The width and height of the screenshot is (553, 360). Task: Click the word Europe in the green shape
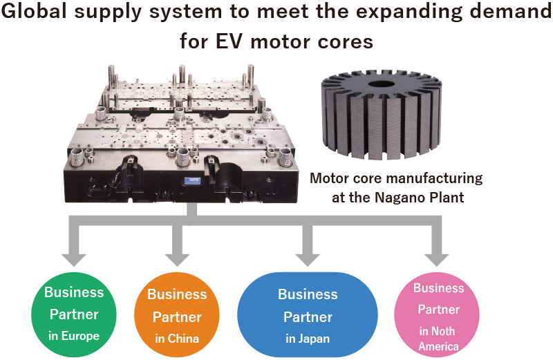(x=80, y=337)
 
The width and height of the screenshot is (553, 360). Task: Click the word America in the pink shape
(x=438, y=346)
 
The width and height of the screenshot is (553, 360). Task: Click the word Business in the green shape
(x=74, y=292)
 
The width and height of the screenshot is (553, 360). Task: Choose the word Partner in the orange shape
(x=177, y=317)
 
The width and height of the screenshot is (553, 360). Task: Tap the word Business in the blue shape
(x=308, y=294)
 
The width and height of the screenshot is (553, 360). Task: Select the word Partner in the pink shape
(x=438, y=309)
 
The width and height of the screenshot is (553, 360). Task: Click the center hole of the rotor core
(x=379, y=84)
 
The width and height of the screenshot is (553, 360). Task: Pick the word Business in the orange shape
(x=177, y=294)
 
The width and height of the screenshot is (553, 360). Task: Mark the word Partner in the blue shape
(x=308, y=317)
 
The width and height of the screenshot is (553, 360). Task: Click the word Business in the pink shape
(x=438, y=287)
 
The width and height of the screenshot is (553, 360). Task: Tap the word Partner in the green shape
(x=74, y=314)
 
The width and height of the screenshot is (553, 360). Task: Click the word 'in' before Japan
(x=290, y=339)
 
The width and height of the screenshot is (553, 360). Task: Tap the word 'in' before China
(x=160, y=339)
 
